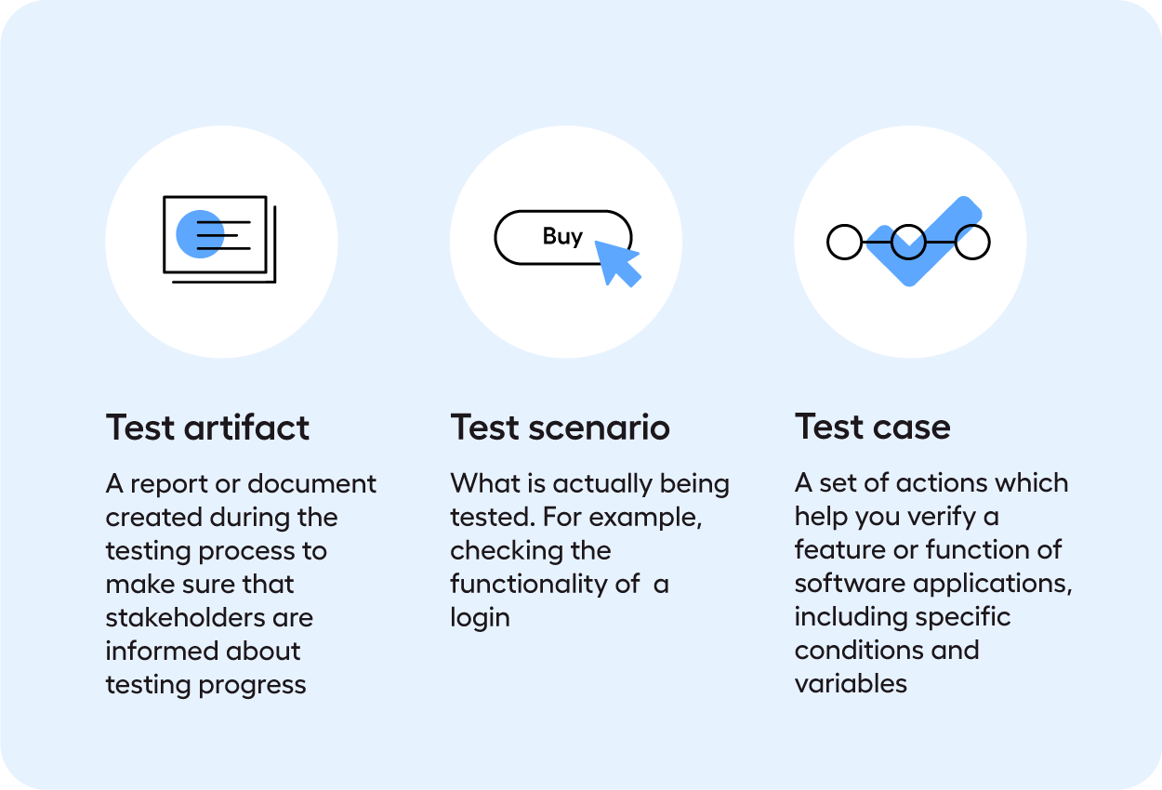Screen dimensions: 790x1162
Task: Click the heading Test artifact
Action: pos(207,428)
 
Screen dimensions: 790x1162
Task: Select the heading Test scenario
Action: pos(560,428)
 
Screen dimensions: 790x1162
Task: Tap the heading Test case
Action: pos(872,428)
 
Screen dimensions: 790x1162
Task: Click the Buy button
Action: pos(562,237)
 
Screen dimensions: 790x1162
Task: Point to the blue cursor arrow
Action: pos(615,262)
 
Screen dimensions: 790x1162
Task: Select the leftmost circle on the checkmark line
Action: pos(844,243)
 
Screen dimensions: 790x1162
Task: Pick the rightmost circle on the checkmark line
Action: pos(972,243)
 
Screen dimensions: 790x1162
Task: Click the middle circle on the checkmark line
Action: pos(908,243)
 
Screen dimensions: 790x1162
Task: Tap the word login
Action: pos(480,618)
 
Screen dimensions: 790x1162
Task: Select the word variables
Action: pos(851,684)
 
